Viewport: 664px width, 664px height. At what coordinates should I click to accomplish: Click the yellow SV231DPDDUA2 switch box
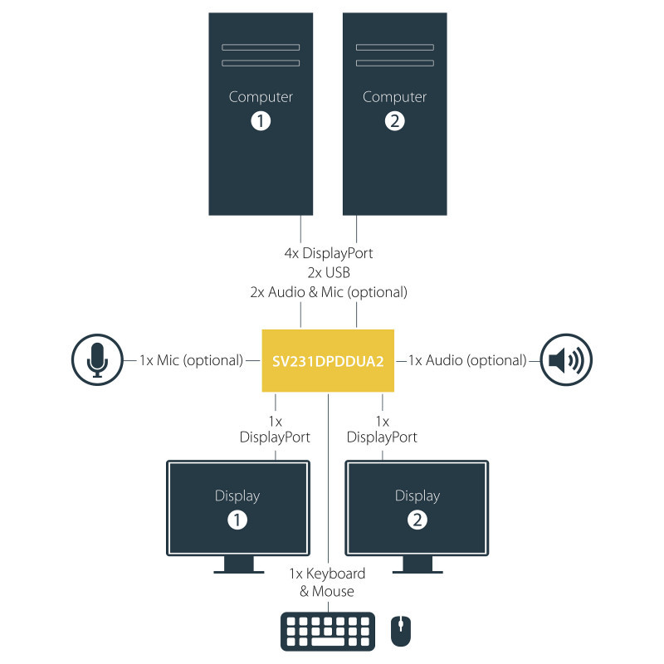[x=328, y=360]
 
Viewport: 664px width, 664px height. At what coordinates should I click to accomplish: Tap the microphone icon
[x=98, y=360]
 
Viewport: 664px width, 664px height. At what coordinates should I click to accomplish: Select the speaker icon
[x=567, y=360]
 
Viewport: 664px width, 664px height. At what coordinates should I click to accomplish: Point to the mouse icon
[x=400, y=632]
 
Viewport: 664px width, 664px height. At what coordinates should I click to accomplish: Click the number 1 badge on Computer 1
[x=261, y=121]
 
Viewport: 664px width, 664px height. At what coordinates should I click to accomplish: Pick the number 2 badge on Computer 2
[x=395, y=121]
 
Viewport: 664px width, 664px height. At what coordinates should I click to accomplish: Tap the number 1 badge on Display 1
[x=237, y=520]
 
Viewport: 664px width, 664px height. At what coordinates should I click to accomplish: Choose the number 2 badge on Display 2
[x=417, y=520]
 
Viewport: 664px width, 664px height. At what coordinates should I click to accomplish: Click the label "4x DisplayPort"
[x=328, y=253]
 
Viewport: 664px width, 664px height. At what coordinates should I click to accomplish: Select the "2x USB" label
[x=328, y=272]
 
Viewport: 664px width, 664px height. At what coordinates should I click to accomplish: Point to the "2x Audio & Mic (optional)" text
[x=328, y=292]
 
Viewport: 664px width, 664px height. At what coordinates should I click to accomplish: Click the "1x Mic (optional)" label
[x=191, y=360]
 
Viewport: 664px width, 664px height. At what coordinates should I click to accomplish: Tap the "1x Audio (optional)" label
[x=467, y=360]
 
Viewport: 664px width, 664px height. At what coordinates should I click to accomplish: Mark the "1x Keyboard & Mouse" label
[x=327, y=582]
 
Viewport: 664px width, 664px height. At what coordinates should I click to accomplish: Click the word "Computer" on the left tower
[x=261, y=97]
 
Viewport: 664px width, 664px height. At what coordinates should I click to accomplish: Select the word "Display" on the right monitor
[x=417, y=496]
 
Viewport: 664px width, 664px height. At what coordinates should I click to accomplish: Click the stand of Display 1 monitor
[x=238, y=564]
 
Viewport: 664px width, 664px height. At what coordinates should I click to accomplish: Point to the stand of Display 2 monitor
[x=417, y=564]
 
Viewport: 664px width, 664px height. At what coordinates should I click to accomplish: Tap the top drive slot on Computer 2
[x=395, y=46]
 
